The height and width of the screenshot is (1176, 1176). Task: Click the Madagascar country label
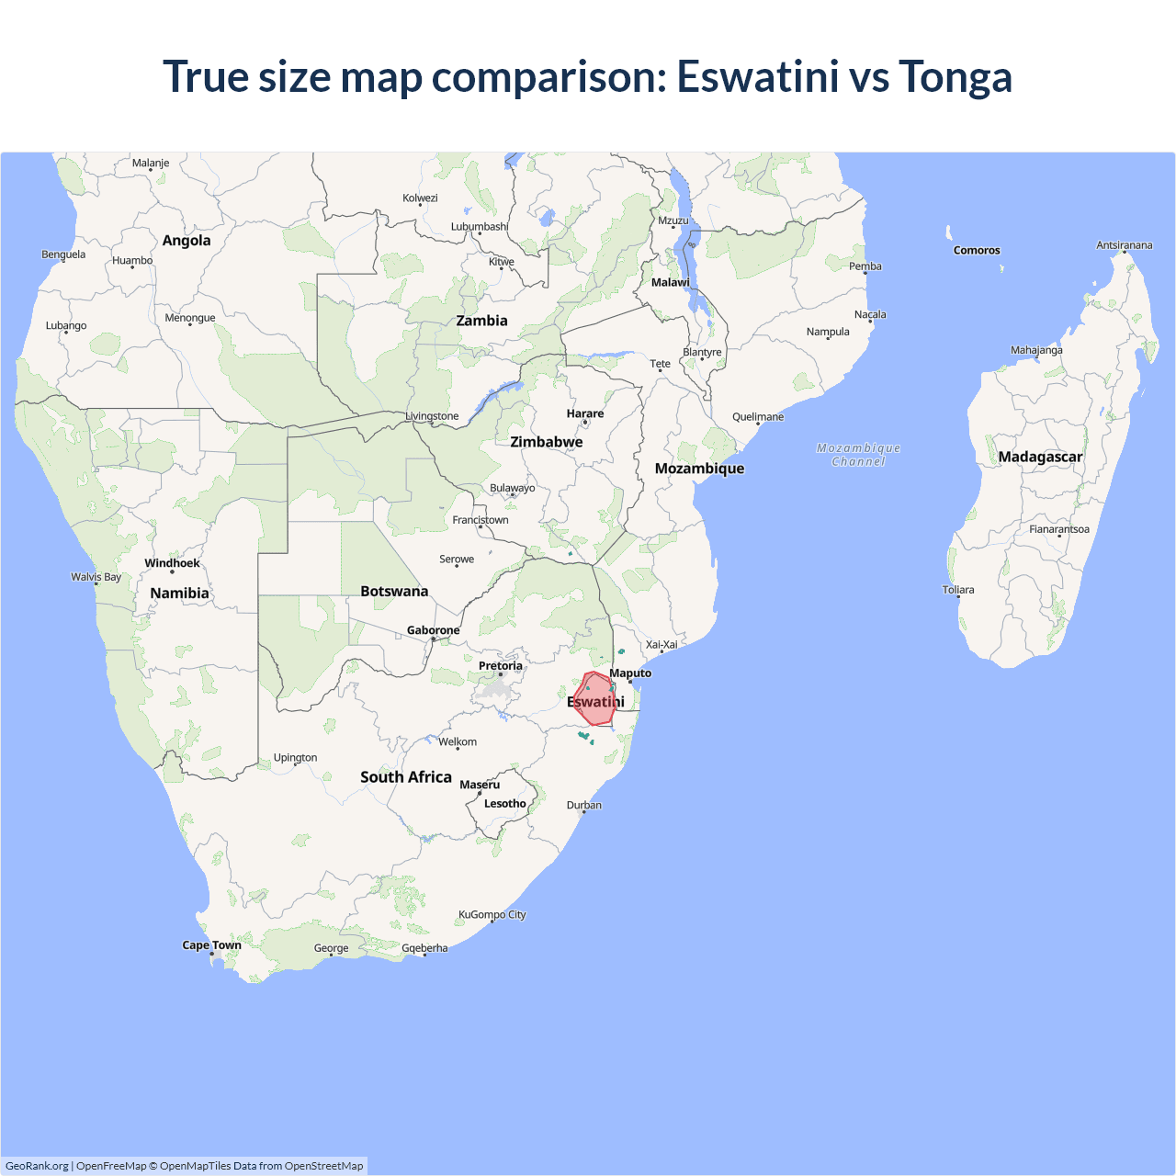(1040, 457)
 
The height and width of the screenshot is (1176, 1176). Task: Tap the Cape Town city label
(211, 944)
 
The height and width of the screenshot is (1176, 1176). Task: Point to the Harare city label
(585, 413)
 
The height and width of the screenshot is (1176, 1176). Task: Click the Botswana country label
(394, 591)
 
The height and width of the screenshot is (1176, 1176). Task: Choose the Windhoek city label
(172, 563)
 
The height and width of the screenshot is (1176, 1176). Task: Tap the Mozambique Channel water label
(858, 455)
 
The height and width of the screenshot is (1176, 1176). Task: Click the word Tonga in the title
(955, 76)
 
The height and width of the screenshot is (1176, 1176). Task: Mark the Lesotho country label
(505, 803)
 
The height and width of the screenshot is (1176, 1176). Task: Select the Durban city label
(584, 805)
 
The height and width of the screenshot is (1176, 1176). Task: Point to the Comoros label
(977, 250)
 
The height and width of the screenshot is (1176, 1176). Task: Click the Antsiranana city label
(1124, 245)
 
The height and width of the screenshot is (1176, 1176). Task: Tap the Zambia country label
(481, 321)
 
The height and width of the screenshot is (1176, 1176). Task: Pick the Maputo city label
(630, 673)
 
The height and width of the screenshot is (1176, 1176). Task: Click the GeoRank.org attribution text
(37, 1166)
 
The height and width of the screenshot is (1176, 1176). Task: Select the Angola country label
(187, 241)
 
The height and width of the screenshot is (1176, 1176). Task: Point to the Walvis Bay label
(96, 577)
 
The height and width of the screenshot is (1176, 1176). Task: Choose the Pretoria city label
(501, 665)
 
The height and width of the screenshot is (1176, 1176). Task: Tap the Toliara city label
(958, 590)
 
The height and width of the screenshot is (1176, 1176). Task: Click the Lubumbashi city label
(479, 226)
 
